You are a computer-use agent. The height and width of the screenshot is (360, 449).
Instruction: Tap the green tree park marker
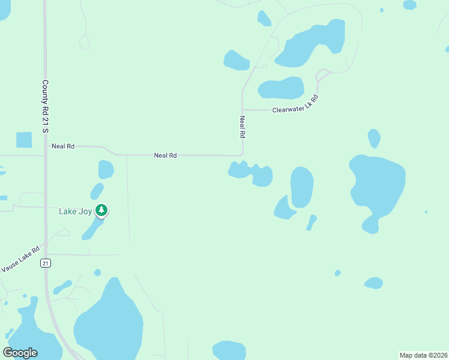(103, 210)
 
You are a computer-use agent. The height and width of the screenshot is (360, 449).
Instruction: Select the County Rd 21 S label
(45, 107)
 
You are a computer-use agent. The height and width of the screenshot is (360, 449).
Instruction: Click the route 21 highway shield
(45, 263)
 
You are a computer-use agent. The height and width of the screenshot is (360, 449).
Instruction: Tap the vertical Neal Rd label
(243, 127)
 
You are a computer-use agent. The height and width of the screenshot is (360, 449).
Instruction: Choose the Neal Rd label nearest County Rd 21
(63, 146)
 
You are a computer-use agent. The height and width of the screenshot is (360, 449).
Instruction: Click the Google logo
(20, 353)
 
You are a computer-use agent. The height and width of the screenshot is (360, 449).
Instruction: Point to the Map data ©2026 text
(423, 355)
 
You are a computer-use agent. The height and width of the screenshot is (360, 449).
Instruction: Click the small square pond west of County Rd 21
(24, 140)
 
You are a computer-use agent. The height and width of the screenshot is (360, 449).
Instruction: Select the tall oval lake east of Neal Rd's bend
(302, 187)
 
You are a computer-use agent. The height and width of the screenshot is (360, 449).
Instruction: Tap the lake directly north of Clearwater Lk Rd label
(281, 88)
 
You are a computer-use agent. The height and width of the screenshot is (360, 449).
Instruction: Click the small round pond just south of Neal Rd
(106, 169)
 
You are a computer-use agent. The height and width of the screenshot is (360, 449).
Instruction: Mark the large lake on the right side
(377, 188)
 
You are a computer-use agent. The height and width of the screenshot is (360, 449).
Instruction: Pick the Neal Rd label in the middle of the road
(165, 155)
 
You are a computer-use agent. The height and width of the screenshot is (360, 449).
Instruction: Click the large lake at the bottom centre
(109, 321)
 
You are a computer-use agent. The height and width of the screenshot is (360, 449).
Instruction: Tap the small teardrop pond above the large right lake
(374, 139)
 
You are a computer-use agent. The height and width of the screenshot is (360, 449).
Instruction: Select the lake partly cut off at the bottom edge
(229, 350)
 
